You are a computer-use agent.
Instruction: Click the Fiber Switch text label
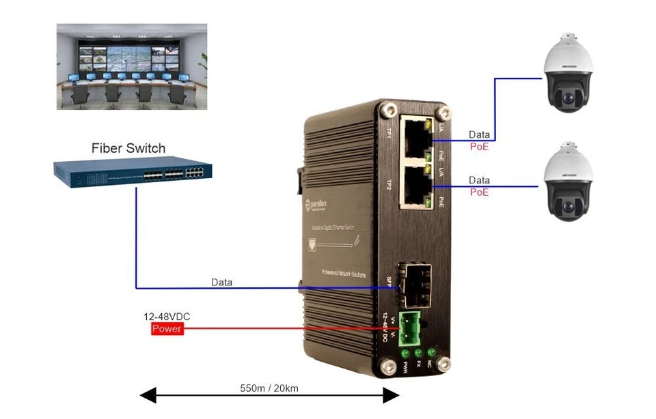coord(128,148)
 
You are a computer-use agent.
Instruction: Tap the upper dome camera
coord(566,72)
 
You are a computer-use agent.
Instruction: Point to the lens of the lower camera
coord(566,204)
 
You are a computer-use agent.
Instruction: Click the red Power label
coord(167,329)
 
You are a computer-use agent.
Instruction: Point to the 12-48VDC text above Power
coord(166,317)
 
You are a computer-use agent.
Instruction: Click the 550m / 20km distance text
coord(270,388)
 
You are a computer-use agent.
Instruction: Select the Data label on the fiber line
coord(221,282)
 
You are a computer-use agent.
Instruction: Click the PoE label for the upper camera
coord(479,147)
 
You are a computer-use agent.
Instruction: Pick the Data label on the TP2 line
coord(479,180)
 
